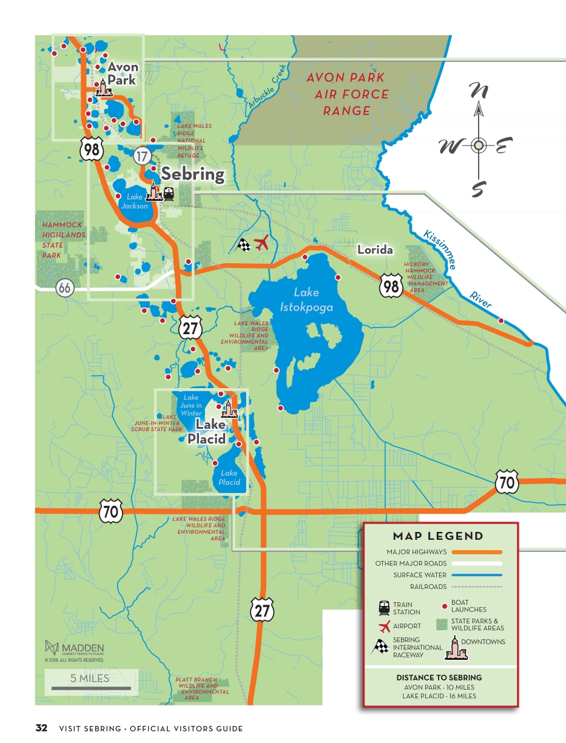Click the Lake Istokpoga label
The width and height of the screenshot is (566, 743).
point(306,300)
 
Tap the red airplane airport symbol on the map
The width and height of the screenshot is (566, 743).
point(262,244)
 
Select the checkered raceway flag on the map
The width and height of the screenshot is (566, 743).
point(243,246)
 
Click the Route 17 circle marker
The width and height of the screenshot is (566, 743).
point(142,156)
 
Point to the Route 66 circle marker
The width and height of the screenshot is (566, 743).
point(65,288)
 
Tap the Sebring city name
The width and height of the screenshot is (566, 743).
point(192,175)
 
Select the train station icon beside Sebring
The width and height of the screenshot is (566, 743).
point(168,193)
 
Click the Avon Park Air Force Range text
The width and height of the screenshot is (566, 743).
point(347,94)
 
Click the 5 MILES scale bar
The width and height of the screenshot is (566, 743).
point(91,682)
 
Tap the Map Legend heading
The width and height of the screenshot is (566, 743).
point(438,536)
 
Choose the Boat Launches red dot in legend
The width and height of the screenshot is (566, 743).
point(445,606)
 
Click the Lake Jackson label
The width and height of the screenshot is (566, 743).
point(134,201)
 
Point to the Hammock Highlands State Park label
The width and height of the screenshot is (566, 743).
point(63,240)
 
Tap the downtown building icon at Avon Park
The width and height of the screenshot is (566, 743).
point(104,88)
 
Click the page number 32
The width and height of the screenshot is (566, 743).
point(41,728)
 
